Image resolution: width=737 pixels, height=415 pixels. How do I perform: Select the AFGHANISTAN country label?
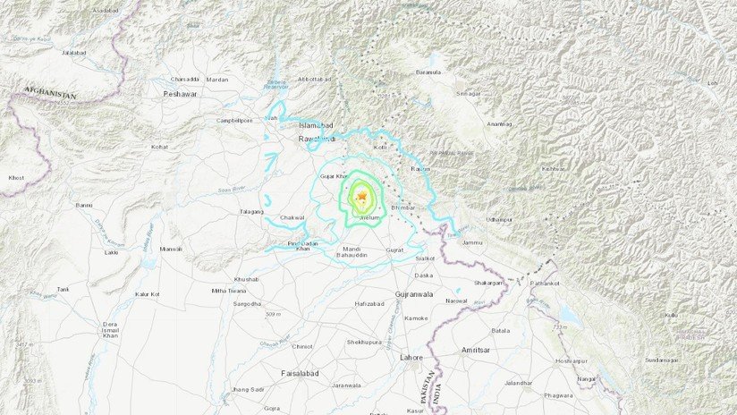50,92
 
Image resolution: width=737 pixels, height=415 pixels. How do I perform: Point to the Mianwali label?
169,250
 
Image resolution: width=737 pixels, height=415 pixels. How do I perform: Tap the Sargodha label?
248,304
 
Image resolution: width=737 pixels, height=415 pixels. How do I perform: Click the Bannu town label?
83,205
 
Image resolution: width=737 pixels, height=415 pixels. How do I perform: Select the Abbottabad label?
312,76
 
